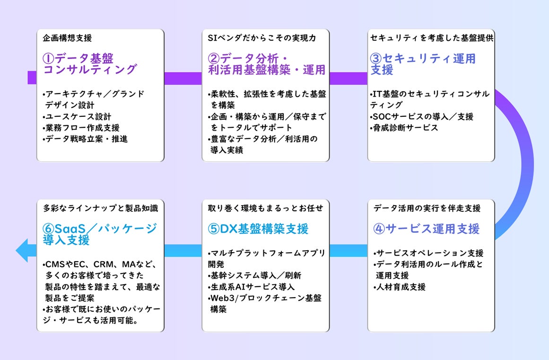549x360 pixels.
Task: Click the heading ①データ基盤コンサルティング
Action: click(x=89, y=64)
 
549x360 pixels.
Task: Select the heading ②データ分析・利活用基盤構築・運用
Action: click(x=266, y=64)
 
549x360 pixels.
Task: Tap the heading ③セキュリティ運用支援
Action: click(x=423, y=64)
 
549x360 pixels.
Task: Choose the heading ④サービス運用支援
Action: click(x=426, y=229)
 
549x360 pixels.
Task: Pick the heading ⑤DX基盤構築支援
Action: click(x=258, y=229)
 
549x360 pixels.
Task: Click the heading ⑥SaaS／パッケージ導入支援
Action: click(x=99, y=234)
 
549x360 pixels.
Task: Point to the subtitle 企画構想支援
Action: click(x=67, y=37)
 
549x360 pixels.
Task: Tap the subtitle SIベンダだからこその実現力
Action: click(x=262, y=37)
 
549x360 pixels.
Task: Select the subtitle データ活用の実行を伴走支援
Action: click(x=427, y=208)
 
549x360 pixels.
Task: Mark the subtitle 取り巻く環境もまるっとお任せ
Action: click(x=265, y=208)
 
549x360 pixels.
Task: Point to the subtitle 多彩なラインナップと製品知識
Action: click(x=100, y=208)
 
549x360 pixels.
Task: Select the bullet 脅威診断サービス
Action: click(x=404, y=128)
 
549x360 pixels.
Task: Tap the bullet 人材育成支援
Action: click(x=400, y=287)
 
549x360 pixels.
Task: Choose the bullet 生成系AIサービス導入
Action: click(x=251, y=287)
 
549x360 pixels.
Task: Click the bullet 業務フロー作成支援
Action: click(x=81, y=128)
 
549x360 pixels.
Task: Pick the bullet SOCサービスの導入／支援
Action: click(x=422, y=116)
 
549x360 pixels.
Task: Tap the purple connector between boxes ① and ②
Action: click(x=183, y=78)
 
